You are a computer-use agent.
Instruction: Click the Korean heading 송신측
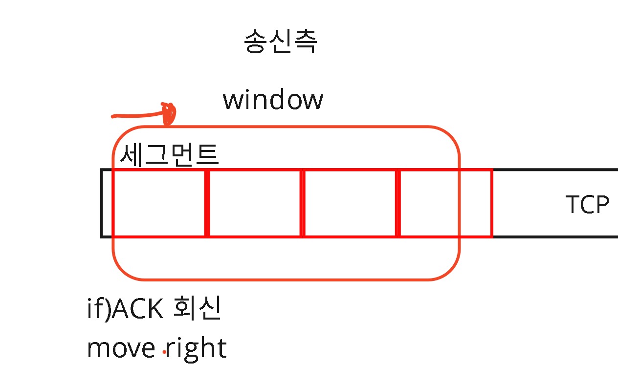click(280, 42)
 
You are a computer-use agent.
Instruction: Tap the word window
click(273, 100)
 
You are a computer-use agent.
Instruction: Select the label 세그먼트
click(169, 156)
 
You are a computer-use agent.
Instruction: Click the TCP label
click(587, 205)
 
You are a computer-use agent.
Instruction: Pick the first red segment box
click(159, 203)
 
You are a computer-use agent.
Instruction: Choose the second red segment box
click(254, 203)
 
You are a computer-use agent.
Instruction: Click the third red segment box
click(350, 203)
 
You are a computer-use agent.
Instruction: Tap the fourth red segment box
click(445, 203)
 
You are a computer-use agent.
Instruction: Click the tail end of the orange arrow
click(114, 116)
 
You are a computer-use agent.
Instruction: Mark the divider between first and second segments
click(207, 203)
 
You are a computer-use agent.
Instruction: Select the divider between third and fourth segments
click(398, 203)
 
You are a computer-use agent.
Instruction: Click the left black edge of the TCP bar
click(102, 203)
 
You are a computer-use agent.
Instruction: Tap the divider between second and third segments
click(302, 203)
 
